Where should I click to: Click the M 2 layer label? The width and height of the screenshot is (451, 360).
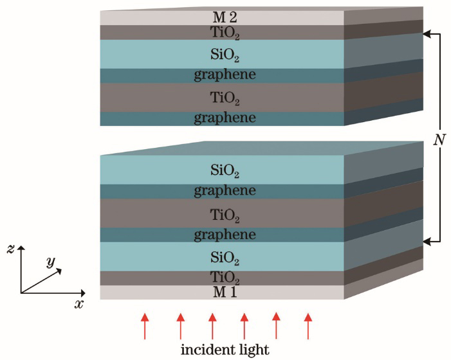click(225, 17)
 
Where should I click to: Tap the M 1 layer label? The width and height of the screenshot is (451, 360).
click(225, 292)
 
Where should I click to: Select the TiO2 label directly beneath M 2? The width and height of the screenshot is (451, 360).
click(225, 33)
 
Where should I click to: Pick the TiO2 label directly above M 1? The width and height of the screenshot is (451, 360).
click(225, 278)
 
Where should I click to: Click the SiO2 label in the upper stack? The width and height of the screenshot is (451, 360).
click(225, 54)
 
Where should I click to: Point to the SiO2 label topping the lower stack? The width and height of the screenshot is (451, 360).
click(225, 170)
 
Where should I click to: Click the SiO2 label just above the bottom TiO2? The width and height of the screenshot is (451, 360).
click(225, 257)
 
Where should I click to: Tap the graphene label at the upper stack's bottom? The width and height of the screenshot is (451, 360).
click(225, 118)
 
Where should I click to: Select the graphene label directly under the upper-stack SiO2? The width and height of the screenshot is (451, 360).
click(225, 75)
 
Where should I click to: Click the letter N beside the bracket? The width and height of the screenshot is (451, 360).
click(439, 140)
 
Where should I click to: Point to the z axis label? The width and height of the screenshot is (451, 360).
click(10, 249)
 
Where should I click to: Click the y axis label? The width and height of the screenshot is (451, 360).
click(51, 262)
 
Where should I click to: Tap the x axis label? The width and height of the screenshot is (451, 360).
click(78, 304)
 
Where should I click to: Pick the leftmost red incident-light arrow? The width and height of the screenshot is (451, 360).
click(145, 326)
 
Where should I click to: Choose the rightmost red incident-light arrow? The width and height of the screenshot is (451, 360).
click(308, 326)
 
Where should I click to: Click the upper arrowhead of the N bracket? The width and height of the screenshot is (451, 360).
click(427, 34)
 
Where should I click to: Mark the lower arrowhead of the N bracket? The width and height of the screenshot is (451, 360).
click(427, 242)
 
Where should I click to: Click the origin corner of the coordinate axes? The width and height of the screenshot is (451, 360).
click(21, 293)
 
